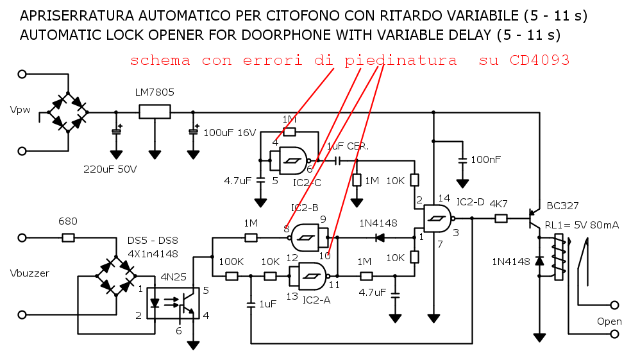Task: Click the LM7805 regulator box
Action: pyautogui.click(x=155, y=112)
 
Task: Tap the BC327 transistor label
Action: pyautogui.click(x=562, y=206)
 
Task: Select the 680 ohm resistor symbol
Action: pyautogui.click(x=68, y=238)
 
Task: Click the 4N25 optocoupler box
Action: pyautogui.click(x=173, y=304)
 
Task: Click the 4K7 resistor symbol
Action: pyautogui.click(x=501, y=219)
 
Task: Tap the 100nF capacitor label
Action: pyautogui.click(x=485, y=160)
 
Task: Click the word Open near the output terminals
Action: pyautogui.click(x=609, y=321)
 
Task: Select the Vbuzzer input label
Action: pyautogui.click(x=29, y=273)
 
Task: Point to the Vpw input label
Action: pyautogui.click(x=20, y=110)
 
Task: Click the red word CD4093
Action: pyautogui.click(x=540, y=60)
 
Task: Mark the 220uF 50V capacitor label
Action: pyautogui.click(x=110, y=169)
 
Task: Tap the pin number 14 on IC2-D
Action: pyautogui.click(x=444, y=198)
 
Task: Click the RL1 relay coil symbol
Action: pyautogui.click(x=559, y=257)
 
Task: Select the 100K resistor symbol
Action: pyautogui.click(x=231, y=276)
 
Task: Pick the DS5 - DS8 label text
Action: pyautogui.click(x=153, y=241)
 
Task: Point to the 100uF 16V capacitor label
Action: pyautogui.click(x=230, y=133)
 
